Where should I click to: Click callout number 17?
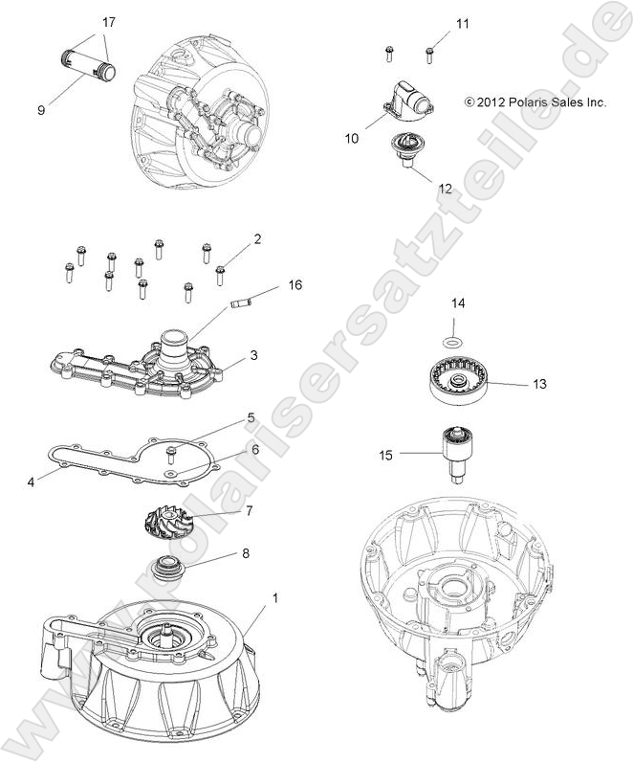pyautogui.click(x=108, y=21)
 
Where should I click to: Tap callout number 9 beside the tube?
pyautogui.click(x=41, y=110)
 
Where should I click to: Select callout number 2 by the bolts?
pyautogui.click(x=257, y=237)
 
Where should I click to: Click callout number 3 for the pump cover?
pyautogui.click(x=254, y=355)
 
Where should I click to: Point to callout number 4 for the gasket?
pyautogui.click(x=31, y=482)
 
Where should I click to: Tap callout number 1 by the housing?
pyautogui.click(x=275, y=598)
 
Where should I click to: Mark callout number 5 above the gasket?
pyautogui.click(x=251, y=417)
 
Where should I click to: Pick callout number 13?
pyautogui.click(x=540, y=383)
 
